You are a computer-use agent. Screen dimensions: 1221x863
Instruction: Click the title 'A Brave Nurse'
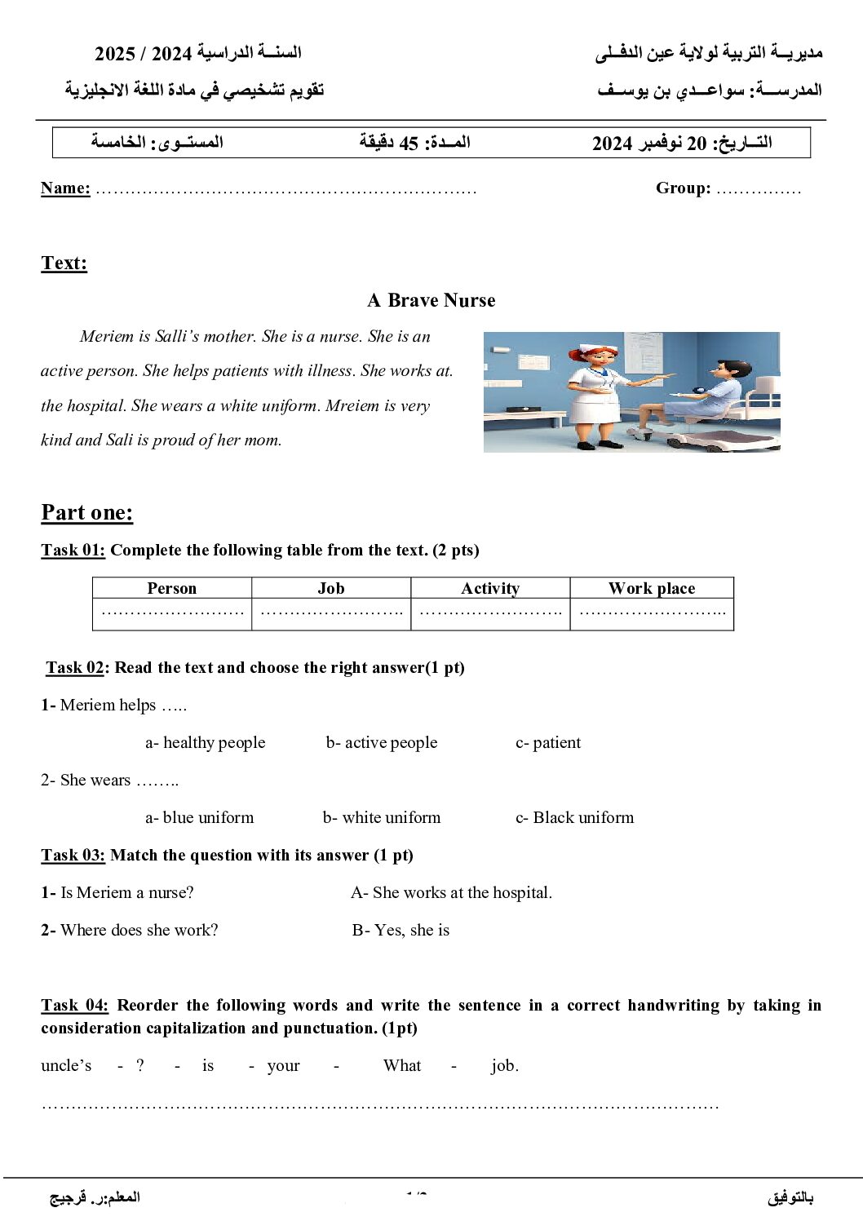point(431,300)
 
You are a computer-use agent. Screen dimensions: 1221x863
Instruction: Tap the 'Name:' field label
point(65,188)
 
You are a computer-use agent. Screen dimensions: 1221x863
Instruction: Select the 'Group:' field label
point(683,188)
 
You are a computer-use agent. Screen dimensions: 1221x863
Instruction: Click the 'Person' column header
point(171,588)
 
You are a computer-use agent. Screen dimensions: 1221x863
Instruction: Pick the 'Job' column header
point(330,588)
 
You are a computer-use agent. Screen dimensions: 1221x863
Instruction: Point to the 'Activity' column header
point(489,588)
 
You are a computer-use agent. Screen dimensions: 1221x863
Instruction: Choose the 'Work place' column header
point(652,588)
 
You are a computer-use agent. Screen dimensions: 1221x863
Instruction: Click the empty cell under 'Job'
point(330,614)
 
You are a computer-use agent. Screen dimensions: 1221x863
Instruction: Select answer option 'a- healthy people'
point(206,742)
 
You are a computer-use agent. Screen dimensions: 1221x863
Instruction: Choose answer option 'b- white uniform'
point(381,817)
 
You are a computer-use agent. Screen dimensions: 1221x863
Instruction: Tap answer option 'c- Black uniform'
point(574,817)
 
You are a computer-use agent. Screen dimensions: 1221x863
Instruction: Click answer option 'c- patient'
point(548,742)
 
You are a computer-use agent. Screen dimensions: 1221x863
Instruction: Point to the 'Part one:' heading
point(86,512)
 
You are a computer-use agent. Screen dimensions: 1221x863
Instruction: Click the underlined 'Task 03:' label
point(73,855)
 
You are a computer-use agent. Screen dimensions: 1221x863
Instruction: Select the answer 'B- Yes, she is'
point(401,930)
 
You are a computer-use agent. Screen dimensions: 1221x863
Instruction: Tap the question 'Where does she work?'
point(139,930)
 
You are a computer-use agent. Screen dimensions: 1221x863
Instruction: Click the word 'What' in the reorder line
point(402,1065)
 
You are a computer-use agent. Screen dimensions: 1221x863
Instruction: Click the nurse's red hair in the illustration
point(598,355)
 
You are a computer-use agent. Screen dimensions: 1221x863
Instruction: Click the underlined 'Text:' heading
point(64,263)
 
